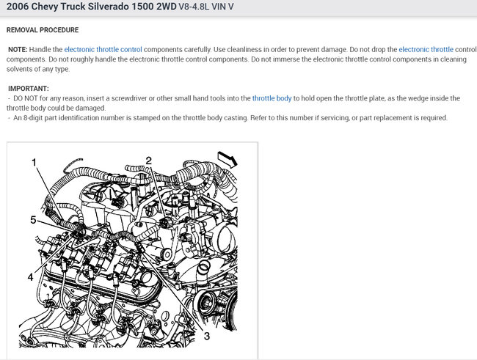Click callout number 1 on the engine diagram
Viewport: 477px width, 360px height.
coord(34,163)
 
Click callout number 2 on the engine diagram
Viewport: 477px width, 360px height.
coord(148,161)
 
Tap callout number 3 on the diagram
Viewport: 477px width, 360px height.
coord(206,336)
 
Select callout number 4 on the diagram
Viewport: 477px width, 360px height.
coord(30,276)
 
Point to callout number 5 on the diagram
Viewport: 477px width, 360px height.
coord(33,219)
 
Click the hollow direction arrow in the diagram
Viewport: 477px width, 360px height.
coord(227,159)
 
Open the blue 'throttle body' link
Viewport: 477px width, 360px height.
coord(272,98)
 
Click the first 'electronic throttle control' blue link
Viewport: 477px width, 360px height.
coord(103,49)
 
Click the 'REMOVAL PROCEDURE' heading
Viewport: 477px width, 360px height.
coord(43,30)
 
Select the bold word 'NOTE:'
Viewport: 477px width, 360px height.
coord(18,49)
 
